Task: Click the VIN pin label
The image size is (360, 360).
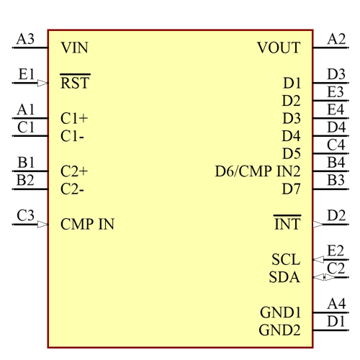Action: (75, 48)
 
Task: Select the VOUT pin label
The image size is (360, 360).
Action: (279, 48)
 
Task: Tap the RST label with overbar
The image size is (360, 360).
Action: (75, 83)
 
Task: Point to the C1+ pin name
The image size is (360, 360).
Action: (75, 118)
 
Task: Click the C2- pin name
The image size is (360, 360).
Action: (73, 189)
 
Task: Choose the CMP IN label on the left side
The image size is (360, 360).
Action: (87, 224)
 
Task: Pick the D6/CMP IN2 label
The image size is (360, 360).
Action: (258, 171)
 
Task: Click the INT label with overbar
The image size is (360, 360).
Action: (287, 224)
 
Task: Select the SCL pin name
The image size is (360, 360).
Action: (286, 259)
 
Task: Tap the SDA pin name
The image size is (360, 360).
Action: (284, 277)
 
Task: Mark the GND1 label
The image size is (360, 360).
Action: (280, 312)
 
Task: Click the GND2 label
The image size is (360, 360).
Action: (280, 330)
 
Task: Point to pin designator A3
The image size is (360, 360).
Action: (25, 39)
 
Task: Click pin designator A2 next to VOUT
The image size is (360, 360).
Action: (336, 39)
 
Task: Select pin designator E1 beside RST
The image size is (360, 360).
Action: (26, 73)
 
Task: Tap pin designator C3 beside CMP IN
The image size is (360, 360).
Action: (25, 215)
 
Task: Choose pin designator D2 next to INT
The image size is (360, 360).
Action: (336, 215)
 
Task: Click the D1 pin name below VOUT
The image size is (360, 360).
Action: (292, 83)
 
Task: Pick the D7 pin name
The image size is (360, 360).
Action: (292, 189)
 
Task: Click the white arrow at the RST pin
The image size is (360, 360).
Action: (43, 83)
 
